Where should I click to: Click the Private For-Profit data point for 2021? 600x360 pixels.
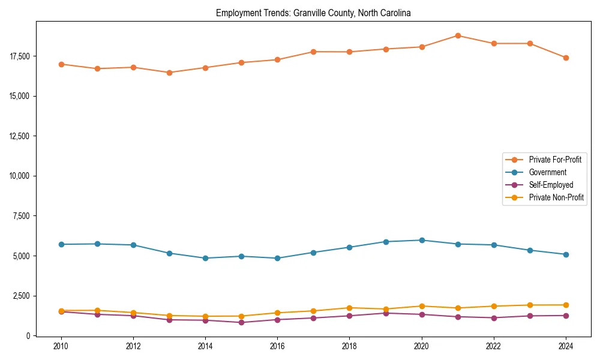click(x=458, y=35)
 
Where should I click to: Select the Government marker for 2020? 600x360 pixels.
click(x=422, y=240)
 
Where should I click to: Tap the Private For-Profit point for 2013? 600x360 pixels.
click(x=169, y=73)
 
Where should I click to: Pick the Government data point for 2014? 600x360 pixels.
click(x=205, y=258)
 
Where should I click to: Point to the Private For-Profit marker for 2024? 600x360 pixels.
click(x=566, y=58)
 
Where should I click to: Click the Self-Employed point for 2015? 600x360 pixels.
click(x=241, y=322)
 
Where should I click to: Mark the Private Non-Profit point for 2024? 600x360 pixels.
click(x=566, y=305)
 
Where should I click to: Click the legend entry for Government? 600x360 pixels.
click(x=547, y=172)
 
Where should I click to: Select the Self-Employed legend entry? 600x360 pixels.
click(x=551, y=185)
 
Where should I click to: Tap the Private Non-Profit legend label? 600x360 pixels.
click(x=556, y=197)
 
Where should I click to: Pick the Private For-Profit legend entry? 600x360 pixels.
click(x=555, y=160)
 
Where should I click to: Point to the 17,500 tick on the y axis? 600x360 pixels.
click(x=19, y=56)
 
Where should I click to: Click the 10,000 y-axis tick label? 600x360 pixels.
click(x=19, y=176)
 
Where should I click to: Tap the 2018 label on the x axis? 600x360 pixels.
click(x=350, y=346)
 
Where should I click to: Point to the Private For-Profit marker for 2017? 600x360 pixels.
click(x=314, y=52)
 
